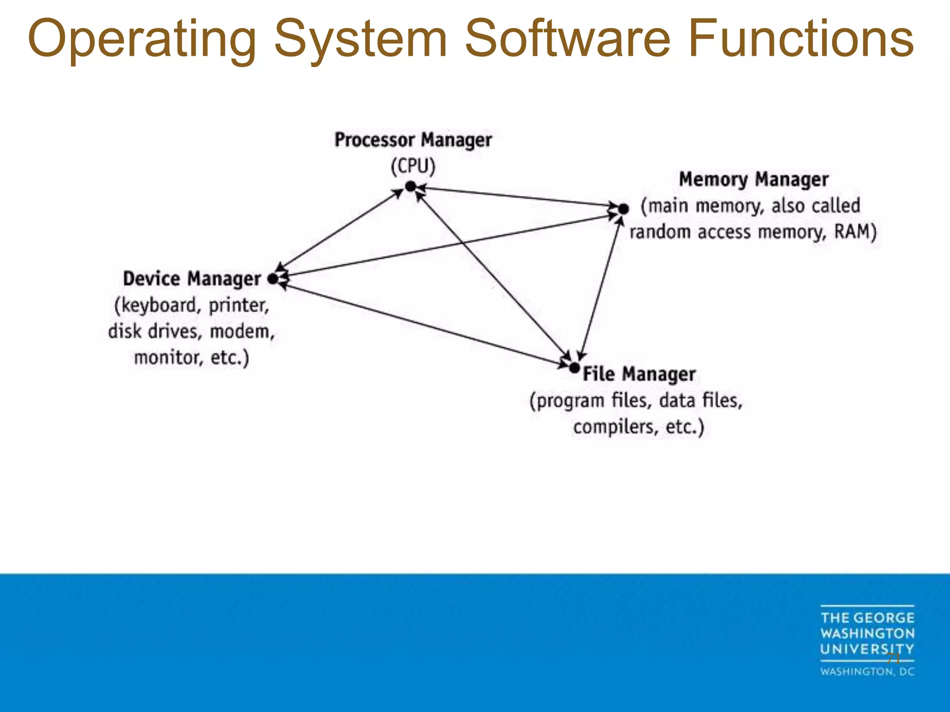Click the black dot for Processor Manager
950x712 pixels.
tap(411, 186)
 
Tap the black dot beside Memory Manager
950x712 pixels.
tap(624, 209)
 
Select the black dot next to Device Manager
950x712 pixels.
tap(273, 279)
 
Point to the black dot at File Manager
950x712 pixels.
tap(575, 368)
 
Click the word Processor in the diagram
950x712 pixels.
tap(374, 140)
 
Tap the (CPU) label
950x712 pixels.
tap(413, 166)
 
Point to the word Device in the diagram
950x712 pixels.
tap(151, 279)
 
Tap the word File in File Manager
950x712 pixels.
tap(598, 374)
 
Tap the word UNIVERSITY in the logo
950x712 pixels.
tap(867, 649)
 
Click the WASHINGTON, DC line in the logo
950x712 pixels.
tap(867, 672)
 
